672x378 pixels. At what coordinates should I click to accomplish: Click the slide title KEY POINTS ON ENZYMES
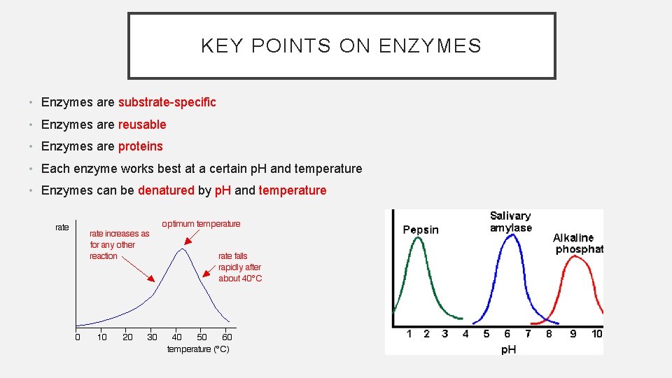[341, 46]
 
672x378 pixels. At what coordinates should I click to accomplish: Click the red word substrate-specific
[167, 102]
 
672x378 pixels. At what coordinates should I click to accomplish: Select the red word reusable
[142, 125]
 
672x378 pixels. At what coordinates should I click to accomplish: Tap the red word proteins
[140, 146]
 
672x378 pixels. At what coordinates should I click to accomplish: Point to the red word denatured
[166, 190]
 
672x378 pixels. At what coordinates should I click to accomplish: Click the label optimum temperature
[201, 224]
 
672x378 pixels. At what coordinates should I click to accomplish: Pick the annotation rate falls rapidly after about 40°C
[240, 267]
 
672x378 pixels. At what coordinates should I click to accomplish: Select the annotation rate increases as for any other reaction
[119, 245]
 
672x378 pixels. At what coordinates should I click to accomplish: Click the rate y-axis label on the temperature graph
[62, 227]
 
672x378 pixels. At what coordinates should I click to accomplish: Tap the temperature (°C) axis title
[198, 349]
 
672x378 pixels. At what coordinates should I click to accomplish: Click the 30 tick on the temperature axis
[152, 337]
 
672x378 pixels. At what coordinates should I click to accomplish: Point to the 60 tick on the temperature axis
[227, 337]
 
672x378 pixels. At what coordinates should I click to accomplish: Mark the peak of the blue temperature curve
[183, 248]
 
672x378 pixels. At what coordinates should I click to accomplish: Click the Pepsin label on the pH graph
[421, 230]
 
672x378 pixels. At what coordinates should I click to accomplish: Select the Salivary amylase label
[510, 222]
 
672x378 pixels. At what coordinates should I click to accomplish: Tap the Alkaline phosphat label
[577, 244]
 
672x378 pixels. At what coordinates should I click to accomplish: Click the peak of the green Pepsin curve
[418, 238]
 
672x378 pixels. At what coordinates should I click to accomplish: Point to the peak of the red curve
[575, 256]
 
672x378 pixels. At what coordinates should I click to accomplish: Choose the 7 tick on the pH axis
[528, 334]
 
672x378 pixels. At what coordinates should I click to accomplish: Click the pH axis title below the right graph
[508, 349]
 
